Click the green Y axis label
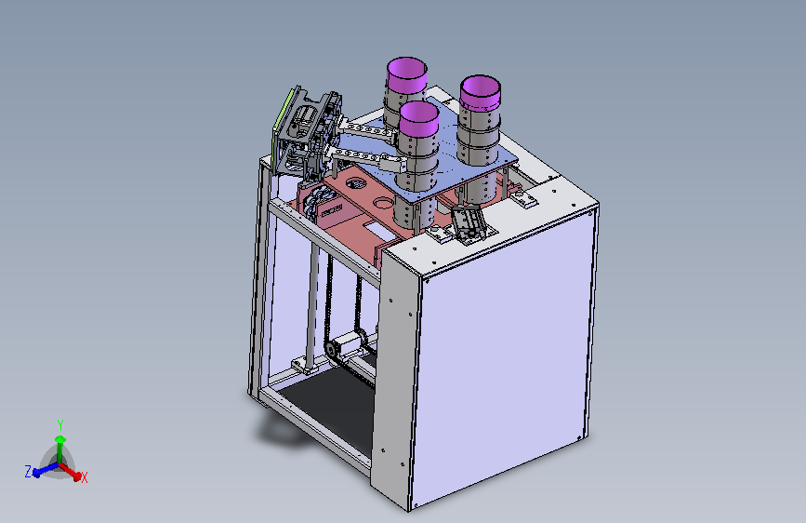coord(60,425)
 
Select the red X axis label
coord(85,477)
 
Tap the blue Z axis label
coord(28,471)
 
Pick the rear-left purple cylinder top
coord(406,75)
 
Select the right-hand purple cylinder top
coord(480,93)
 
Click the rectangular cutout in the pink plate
coord(380,230)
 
